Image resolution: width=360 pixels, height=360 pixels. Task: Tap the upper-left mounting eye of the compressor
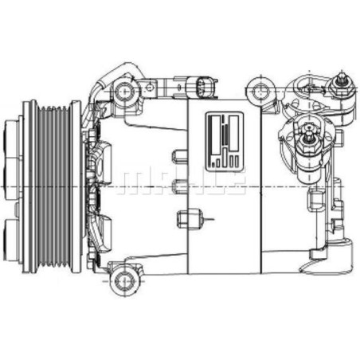click(x=125, y=92)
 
